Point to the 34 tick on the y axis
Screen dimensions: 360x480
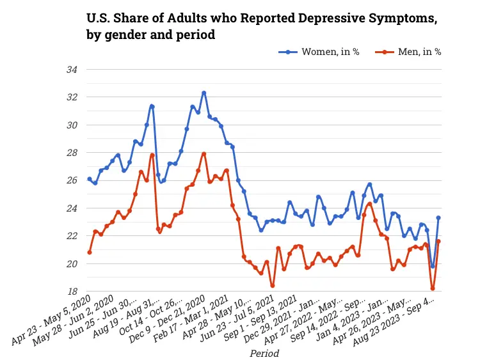(73, 69)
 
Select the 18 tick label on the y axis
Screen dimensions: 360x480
(73, 292)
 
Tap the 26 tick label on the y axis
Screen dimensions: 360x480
(73, 180)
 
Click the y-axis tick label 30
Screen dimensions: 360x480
(73, 125)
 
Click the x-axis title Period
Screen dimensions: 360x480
(264, 352)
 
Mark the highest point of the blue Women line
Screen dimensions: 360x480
(204, 93)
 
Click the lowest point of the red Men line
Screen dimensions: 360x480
(433, 288)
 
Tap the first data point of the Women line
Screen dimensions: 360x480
(90, 179)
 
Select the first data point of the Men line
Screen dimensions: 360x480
(90, 253)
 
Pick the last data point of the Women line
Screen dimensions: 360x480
(438, 218)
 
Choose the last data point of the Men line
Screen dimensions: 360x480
(438, 242)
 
